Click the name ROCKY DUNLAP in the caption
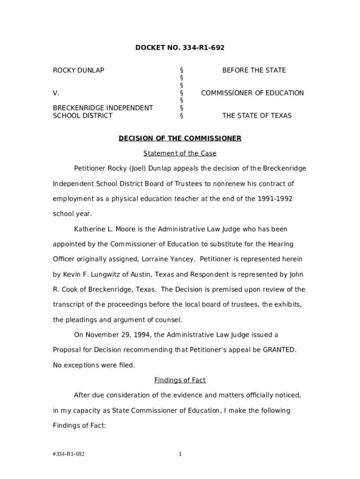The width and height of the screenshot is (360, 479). pyautogui.click(x=78, y=70)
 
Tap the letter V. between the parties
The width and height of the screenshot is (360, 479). pyautogui.click(x=56, y=93)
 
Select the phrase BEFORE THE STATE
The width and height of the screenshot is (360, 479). pyautogui.click(x=254, y=70)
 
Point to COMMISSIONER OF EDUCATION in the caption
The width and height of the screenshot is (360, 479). pyautogui.click(x=252, y=93)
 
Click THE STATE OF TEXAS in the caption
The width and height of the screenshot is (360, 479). pyautogui.click(x=257, y=116)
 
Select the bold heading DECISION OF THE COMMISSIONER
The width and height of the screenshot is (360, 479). pyautogui.click(x=180, y=138)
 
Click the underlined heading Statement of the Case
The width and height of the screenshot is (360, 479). pyautogui.click(x=180, y=153)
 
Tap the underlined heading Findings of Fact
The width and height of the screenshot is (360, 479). pyautogui.click(x=180, y=380)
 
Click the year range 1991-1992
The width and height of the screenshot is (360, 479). pyautogui.click(x=275, y=199)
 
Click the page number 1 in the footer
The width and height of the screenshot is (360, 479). pyautogui.click(x=180, y=454)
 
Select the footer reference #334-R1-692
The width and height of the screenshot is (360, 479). pyautogui.click(x=69, y=454)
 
